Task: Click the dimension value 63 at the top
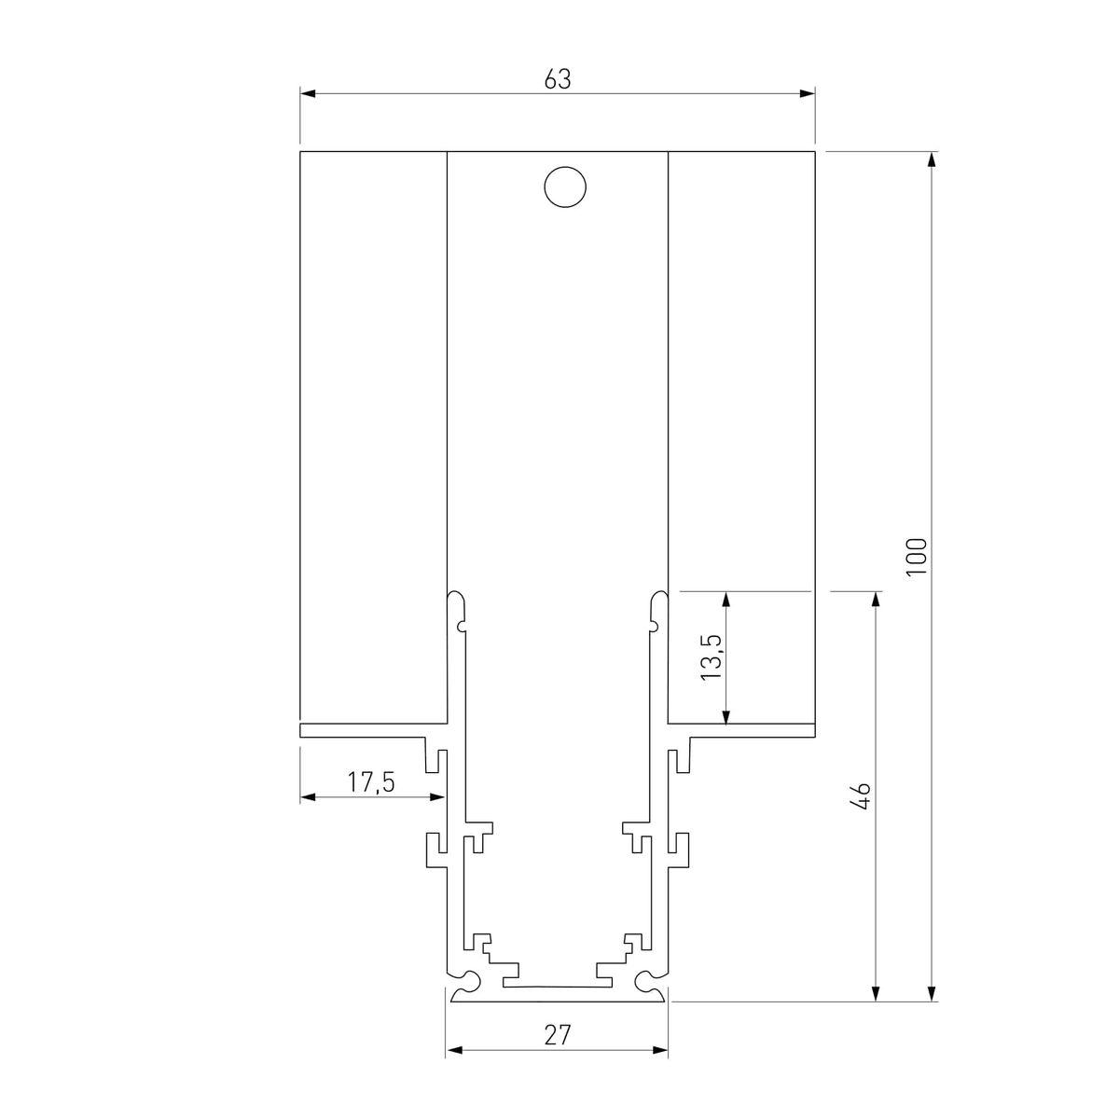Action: (557, 80)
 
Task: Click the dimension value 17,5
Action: (371, 781)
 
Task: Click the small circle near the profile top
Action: (565, 186)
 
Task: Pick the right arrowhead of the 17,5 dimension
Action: (436, 797)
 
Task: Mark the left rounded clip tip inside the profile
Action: (456, 597)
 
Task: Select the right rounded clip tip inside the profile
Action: (659, 597)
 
